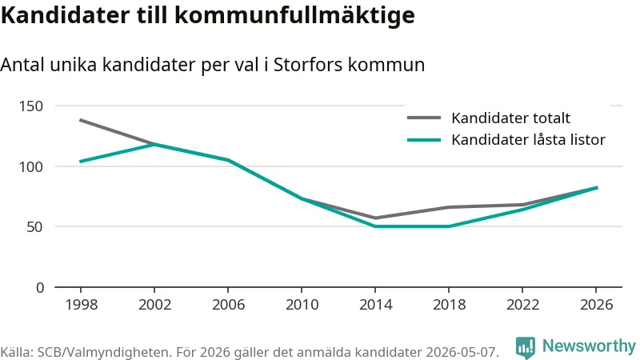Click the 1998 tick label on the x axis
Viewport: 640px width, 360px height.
tap(82, 305)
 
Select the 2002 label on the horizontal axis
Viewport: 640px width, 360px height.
tap(154, 305)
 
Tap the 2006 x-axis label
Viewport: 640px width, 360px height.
tap(228, 305)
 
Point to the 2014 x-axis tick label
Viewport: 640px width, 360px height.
tap(375, 305)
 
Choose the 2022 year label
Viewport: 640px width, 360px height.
tap(523, 305)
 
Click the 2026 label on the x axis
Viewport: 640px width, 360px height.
tap(596, 305)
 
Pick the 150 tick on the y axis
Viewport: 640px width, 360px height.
tap(31, 106)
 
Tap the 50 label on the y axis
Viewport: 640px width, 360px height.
tap(35, 227)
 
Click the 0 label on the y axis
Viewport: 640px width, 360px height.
tap(39, 288)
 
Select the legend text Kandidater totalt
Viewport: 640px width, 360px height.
tap(510, 118)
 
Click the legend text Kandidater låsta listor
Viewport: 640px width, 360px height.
tap(528, 139)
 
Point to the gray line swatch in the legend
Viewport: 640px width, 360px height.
tap(424, 118)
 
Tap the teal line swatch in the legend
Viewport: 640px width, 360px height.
tap(424, 140)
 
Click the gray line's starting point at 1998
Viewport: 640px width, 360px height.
tap(81, 121)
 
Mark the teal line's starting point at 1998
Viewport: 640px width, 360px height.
tap(81, 162)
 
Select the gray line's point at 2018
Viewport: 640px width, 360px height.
tap(449, 207)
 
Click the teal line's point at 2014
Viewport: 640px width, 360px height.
tap(375, 226)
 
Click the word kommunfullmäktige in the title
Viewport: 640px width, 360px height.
tap(294, 15)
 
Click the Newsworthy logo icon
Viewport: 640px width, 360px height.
tap(526, 347)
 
